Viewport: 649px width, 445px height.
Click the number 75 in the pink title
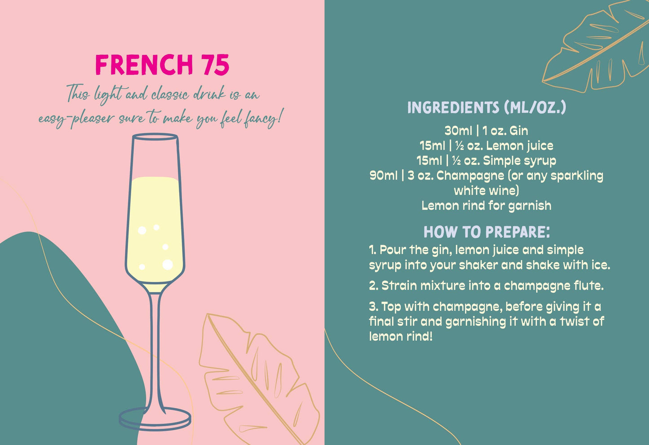click(x=215, y=65)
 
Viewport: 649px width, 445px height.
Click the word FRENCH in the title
click(x=144, y=65)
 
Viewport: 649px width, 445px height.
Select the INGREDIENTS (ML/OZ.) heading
click(x=486, y=108)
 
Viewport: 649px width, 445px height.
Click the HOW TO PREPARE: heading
click(x=486, y=232)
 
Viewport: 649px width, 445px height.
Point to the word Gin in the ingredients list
click(x=519, y=131)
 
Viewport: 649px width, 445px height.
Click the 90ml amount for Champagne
click(x=383, y=176)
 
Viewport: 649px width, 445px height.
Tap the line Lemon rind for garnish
click(x=486, y=206)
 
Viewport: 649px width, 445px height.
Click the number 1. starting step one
click(x=372, y=250)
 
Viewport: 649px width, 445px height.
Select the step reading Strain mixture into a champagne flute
click(x=486, y=286)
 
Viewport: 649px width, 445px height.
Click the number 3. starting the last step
click(x=374, y=307)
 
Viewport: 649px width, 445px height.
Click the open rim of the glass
click(x=155, y=137)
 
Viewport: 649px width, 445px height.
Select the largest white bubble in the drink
click(x=168, y=264)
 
